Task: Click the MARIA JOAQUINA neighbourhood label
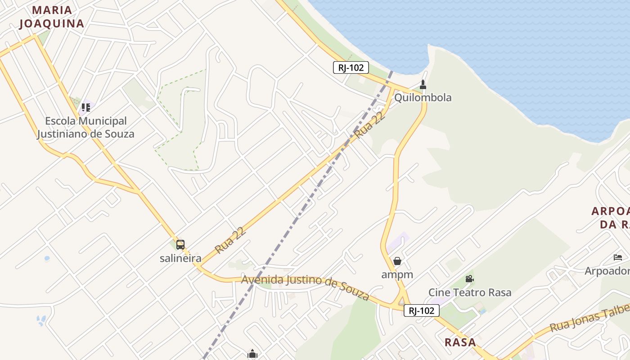coord(52,17)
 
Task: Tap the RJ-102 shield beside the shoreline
coord(351,68)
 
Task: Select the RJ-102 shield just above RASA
coord(421,310)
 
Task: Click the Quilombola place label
coord(423,98)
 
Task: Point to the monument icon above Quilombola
coord(423,85)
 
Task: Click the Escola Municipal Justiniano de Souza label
coord(85,127)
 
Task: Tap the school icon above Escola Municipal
coord(85,108)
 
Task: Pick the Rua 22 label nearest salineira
coord(230,240)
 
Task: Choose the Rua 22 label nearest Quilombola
coord(370,126)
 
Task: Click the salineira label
coord(180,258)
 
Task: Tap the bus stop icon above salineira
coord(180,245)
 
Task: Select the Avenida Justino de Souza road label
coord(306,286)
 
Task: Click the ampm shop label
coord(397,274)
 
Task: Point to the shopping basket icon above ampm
coord(397,261)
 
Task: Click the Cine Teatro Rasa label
coord(470,292)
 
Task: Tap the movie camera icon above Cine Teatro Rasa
coord(469,279)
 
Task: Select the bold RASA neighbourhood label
coord(460,342)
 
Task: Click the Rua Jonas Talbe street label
coord(589,318)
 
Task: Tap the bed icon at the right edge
coord(618,257)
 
